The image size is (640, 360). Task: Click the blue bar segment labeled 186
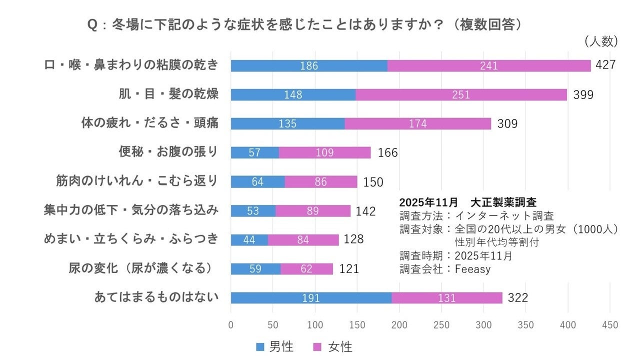click(x=309, y=65)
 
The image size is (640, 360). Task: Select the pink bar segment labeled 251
click(x=461, y=94)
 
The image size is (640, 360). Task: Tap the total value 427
click(x=605, y=65)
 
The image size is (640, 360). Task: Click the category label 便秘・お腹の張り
click(x=168, y=152)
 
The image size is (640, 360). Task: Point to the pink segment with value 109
click(x=324, y=152)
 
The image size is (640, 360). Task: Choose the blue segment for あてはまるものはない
click(x=311, y=298)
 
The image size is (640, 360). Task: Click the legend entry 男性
click(x=274, y=346)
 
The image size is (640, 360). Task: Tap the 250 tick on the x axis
click(x=441, y=325)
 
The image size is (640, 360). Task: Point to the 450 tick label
click(x=610, y=325)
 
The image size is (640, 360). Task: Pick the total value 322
click(x=517, y=298)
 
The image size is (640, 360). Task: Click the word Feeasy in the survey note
click(x=472, y=268)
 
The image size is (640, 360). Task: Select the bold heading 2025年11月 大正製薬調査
click(x=467, y=202)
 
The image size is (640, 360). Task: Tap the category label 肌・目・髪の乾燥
click(x=168, y=94)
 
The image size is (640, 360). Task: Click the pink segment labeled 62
click(x=306, y=269)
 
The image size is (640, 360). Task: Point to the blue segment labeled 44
click(x=249, y=240)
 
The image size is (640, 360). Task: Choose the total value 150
click(x=373, y=182)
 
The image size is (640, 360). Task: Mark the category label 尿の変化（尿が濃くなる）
click(x=143, y=268)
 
